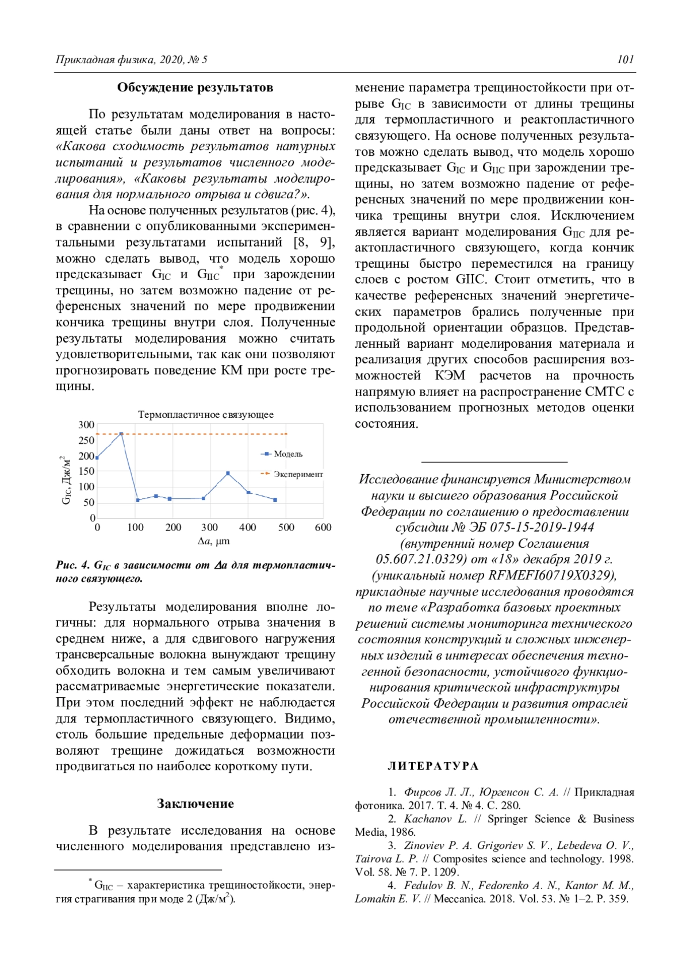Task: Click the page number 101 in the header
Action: [625, 59]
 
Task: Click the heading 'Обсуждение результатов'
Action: [195, 87]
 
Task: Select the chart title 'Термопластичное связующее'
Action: [206, 414]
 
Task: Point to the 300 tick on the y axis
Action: [86, 425]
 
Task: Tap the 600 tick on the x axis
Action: [323, 527]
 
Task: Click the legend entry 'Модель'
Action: [288, 454]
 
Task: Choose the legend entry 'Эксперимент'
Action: [298, 474]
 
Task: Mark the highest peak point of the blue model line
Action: [121, 434]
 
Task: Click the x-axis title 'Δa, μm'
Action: [213, 541]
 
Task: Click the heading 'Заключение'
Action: [195, 804]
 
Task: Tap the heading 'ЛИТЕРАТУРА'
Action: [433, 766]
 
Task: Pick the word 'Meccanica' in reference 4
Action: [459, 898]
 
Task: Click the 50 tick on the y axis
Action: [89, 502]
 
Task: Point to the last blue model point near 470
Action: [275, 500]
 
